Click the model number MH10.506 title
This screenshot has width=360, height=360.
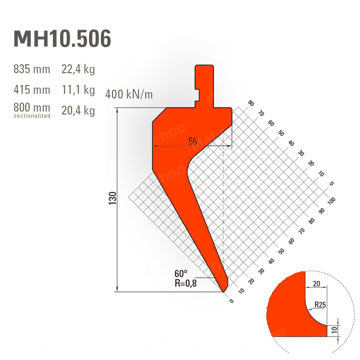[63, 38]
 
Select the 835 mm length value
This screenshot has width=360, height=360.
[31, 69]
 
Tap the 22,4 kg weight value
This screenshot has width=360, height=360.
[78, 69]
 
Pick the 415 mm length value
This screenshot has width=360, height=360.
[31, 90]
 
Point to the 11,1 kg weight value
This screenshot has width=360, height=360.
[78, 90]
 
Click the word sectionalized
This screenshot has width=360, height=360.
[32, 116]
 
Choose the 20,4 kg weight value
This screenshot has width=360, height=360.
[78, 111]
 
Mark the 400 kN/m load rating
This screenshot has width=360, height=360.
[129, 94]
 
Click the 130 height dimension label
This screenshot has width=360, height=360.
[113, 198]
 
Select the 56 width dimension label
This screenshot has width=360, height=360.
[193, 141]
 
